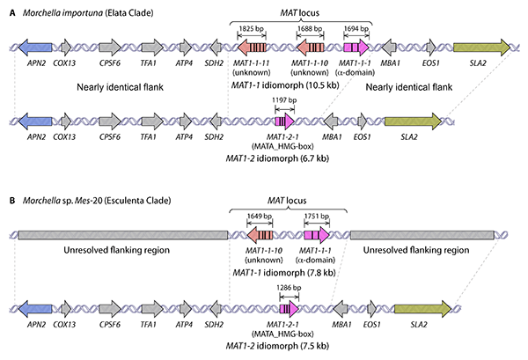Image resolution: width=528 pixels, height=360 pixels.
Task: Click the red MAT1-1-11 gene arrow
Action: [250, 47]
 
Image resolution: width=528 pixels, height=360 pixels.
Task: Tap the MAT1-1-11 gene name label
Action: [249, 63]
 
